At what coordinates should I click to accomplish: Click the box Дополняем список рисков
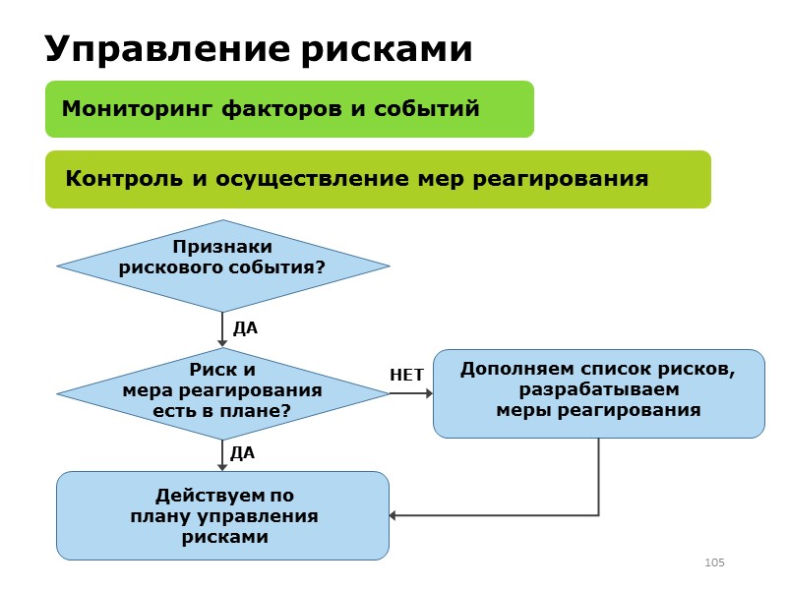pyautogui.click(x=598, y=393)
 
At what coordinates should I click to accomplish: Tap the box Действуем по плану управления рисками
pyautogui.click(x=222, y=515)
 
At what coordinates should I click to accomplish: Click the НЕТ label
pyautogui.click(x=406, y=376)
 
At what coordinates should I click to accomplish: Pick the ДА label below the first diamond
pyautogui.click(x=245, y=327)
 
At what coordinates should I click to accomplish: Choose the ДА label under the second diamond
pyautogui.click(x=242, y=453)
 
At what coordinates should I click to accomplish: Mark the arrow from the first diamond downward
pyautogui.click(x=222, y=329)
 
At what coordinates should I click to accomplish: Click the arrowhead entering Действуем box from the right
pyautogui.click(x=394, y=515)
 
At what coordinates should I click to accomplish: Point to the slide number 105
pyautogui.click(x=714, y=562)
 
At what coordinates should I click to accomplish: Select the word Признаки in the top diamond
pyautogui.click(x=222, y=248)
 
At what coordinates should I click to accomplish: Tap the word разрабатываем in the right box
pyautogui.click(x=598, y=390)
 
